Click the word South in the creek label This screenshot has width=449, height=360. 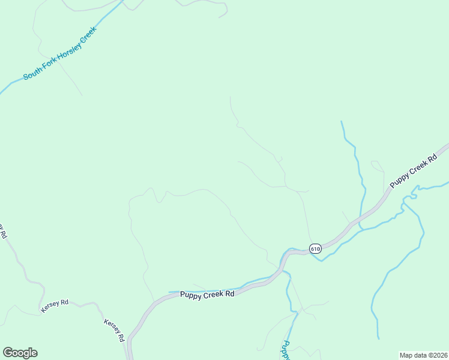tap(32, 74)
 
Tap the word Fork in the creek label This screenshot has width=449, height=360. tap(49, 65)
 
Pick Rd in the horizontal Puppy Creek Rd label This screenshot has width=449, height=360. tap(230, 294)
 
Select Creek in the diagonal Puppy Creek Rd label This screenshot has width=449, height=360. tap(417, 168)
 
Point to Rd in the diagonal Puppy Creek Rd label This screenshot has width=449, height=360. tap(432, 158)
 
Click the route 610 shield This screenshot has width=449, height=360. tap(316, 248)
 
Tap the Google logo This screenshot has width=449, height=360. tap(20, 353)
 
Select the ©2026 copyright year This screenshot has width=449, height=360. tap(437, 355)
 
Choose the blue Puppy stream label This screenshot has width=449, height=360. tap(286, 350)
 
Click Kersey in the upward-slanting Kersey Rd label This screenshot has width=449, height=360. tap(49, 307)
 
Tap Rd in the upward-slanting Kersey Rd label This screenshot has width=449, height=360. tap(64, 301)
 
